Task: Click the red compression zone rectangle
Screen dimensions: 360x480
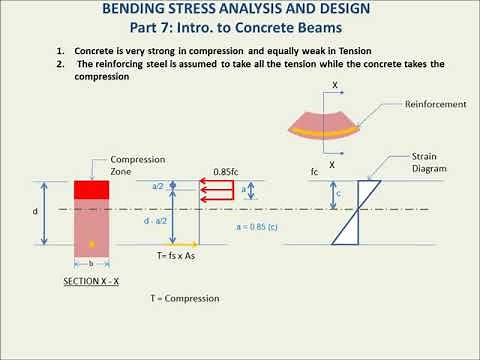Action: [x=92, y=190]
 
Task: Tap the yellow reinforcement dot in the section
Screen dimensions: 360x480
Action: [x=93, y=243]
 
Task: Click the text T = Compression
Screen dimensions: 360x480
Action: [x=184, y=298]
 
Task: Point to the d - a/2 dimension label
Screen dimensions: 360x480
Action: [x=155, y=222]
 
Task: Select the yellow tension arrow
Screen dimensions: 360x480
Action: [x=182, y=243]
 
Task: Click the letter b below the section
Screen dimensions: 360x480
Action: [x=92, y=262]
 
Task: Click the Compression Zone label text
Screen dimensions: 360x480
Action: [x=131, y=165]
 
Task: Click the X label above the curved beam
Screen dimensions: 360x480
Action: [x=334, y=85]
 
